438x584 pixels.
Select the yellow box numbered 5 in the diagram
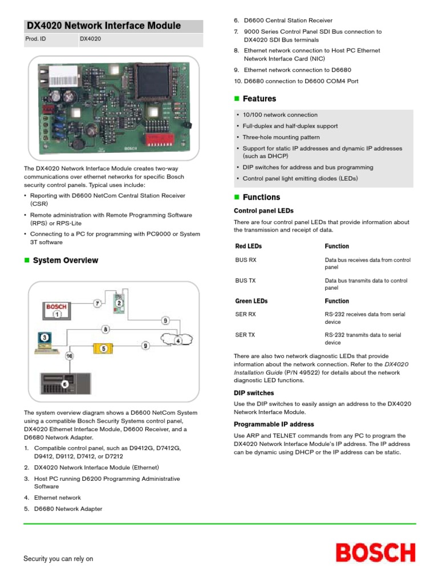point(103,348)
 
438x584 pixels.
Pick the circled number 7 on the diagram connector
point(98,303)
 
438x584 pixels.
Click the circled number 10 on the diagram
point(70,355)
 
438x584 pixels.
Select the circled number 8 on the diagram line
point(106,328)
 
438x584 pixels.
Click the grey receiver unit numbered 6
point(64,384)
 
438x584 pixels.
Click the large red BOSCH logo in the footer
point(375,553)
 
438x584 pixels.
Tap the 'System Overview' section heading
point(65,261)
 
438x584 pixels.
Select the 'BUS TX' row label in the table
point(245,281)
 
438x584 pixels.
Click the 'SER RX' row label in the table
point(245,314)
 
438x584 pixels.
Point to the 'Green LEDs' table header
point(251,301)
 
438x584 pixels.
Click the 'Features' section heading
point(259,99)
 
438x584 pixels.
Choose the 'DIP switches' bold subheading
point(254,393)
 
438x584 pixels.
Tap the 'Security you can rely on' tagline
point(58,559)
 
